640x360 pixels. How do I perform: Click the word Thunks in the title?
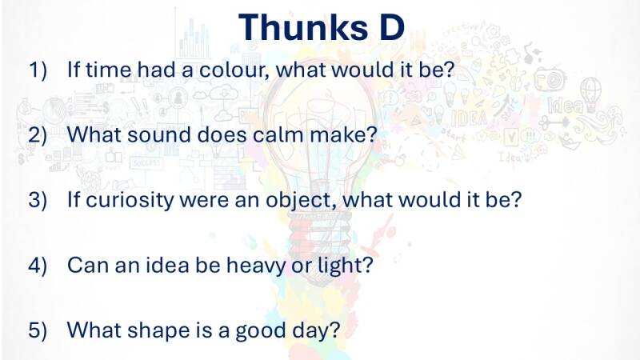coord(303,27)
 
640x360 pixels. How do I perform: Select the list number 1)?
coord(38,70)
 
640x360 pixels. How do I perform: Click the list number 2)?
coord(38,134)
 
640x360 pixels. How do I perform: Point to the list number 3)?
coord(38,200)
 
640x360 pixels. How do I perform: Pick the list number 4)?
coord(38,266)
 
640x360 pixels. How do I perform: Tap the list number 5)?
coord(38,330)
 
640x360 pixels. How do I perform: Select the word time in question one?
coord(109,70)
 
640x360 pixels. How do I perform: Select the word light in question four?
coord(346,266)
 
